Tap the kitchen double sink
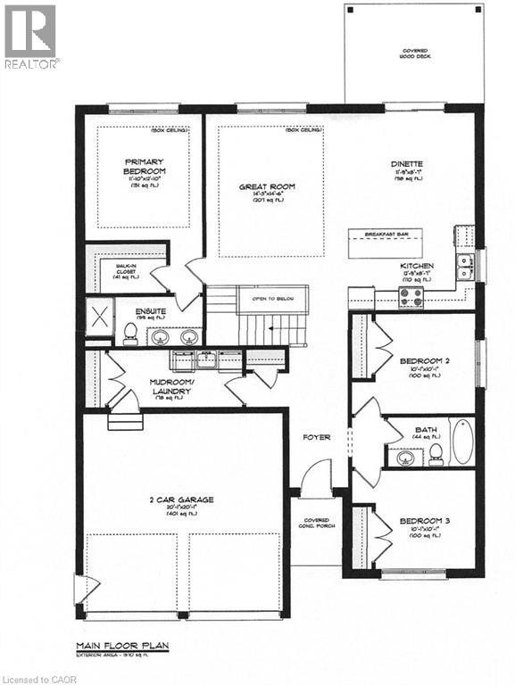pyautogui.click(x=464, y=262)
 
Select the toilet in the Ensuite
pyautogui.click(x=129, y=334)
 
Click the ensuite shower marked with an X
pyautogui.click(x=97, y=318)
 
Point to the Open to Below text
pyautogui.click(x=273, y=299)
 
